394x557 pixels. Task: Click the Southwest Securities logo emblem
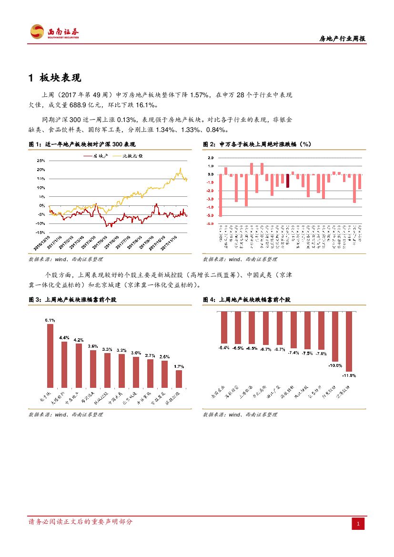pyautogui.click(x=37, y=32)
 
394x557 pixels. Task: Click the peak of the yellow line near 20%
pyautogui.click(x=181, y=169)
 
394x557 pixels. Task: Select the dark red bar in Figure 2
pyautogui.click(x=288, y=181)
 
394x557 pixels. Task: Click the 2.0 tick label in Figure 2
pyautogui.click(x=211, y=157)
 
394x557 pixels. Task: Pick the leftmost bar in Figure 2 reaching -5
pyautogui.click(x=221, y=195)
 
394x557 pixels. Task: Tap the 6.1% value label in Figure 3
pyautogui.click(x=50, y=320)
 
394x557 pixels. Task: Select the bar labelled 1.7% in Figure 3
pyautogui.click(x=179, y=379)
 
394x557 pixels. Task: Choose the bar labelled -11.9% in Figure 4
pyautogui.click(x=349, y=341)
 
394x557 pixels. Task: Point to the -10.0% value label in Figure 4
pyautogui.click(x=335, y=365)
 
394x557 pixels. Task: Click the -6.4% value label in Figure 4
pyautogui.click(x=224, y=347)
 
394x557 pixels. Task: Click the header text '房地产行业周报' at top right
pyautogui.click(x=342, y=39)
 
